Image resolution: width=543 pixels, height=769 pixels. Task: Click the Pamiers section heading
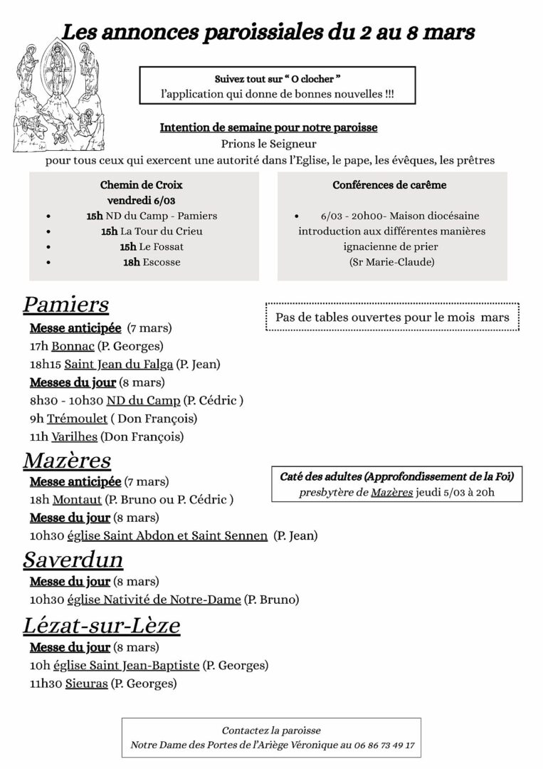click(65, 304)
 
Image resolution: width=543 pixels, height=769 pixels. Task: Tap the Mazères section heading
click(67, 460)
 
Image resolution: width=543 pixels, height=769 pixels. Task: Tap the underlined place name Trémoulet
click(73, 419)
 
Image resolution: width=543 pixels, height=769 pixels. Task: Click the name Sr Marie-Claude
click(392, 262)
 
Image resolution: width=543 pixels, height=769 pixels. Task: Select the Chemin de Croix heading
click(142, 185)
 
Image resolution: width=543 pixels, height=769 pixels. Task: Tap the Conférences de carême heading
click(389, 185)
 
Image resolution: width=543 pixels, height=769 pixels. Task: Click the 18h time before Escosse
click(131, 262)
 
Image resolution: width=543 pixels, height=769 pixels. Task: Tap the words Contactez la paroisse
click(271, 731)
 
